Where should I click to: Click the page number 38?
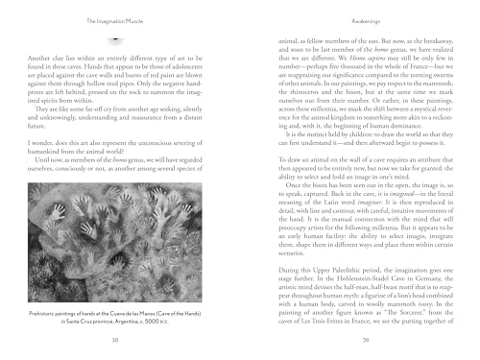tap(114, 340)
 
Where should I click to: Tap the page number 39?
tap(357, 340)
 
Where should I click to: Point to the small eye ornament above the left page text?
tap(114, 45)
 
